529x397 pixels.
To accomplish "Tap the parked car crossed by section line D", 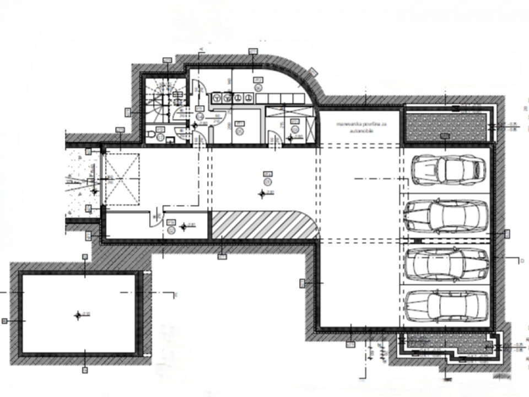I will point(447,263).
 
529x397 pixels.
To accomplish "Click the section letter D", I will point(521,260).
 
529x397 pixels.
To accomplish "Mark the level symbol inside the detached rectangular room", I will point(78,315).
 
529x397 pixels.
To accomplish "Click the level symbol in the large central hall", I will point(262,193).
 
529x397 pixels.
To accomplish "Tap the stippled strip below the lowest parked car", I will point(446,345).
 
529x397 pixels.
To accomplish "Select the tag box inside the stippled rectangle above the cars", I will point(445,136).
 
